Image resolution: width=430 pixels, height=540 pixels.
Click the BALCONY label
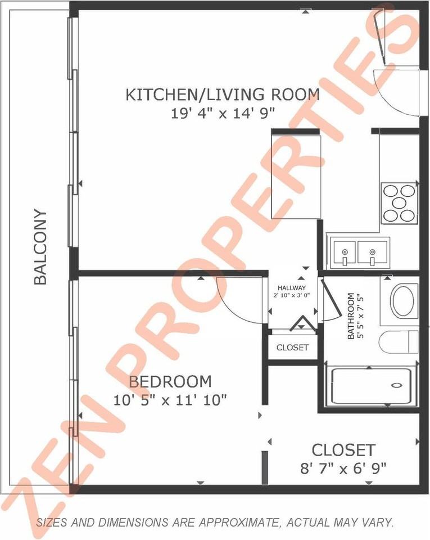40,247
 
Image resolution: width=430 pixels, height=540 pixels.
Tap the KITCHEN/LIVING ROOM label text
222,94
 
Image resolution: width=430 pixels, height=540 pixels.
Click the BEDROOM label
170,382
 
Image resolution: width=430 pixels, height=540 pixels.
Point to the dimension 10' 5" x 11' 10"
170,400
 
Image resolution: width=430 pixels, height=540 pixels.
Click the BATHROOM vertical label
351,316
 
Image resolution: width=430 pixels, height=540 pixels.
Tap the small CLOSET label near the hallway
292,348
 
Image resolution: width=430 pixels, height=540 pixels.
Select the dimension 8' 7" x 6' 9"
343,467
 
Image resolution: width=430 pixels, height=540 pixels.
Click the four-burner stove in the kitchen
400,203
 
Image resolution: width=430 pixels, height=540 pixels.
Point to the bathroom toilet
399,342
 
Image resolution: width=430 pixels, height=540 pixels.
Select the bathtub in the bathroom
371,386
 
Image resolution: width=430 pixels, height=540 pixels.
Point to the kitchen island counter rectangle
296,175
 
